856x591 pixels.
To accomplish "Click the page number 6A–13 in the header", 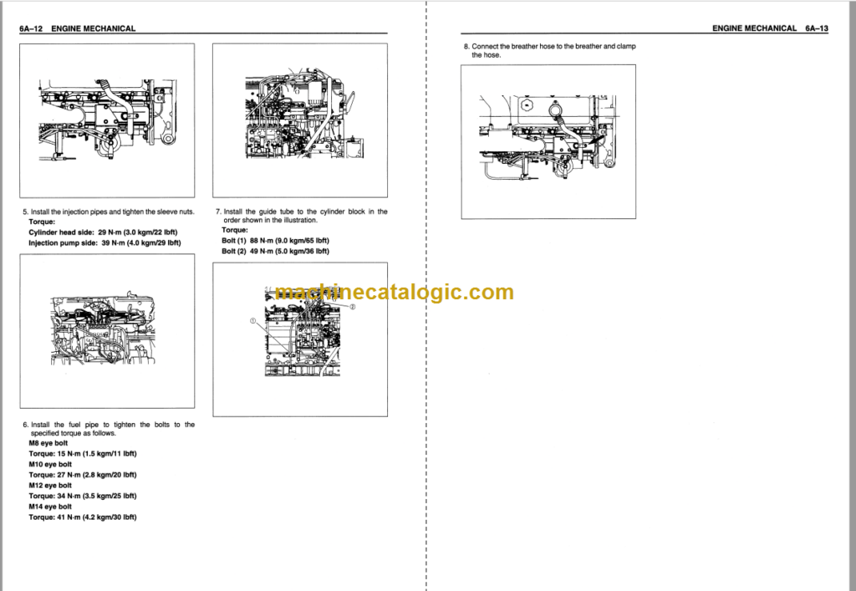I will (817, 28).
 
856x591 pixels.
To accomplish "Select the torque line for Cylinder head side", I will (104, 232).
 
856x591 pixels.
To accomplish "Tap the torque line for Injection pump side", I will (104, 242).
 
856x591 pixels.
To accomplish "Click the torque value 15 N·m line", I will (82, 453).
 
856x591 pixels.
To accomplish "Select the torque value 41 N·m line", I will (82, 517).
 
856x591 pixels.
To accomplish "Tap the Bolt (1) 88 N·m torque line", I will (276, 240).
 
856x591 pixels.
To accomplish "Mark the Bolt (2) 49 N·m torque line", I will (276, 250).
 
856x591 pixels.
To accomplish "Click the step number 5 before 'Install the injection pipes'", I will (25, 211).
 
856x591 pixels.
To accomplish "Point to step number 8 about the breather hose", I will (466, 46).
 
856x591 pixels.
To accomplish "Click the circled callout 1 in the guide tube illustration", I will (252, 320).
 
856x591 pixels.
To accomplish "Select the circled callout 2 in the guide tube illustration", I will (353, 307).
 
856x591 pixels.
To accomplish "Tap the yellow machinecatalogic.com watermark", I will (394, 293).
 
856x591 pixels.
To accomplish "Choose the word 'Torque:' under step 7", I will (235, 230).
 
